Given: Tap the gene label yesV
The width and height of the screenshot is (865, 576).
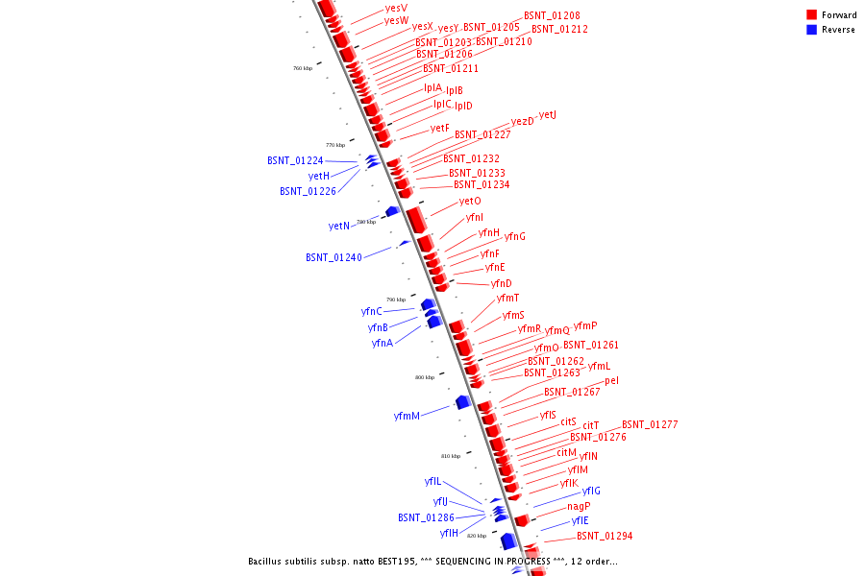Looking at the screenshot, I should point(395,8).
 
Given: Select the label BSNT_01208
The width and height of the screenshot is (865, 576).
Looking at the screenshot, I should point(552,16).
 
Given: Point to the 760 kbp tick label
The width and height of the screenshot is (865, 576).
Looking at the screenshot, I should point(303,68).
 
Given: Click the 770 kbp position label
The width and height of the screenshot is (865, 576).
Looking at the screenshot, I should point(335,145).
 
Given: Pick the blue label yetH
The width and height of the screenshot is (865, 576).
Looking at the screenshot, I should point(319,176).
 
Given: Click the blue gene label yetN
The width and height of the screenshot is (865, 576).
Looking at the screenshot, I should point(339,227).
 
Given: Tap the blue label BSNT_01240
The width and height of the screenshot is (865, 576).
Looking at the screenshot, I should point(334,257).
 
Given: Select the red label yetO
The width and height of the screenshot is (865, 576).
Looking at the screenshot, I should point(470,202).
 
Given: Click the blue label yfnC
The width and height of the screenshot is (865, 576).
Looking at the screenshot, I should point(372,311).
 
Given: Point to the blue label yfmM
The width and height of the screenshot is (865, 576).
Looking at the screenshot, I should point(407,416).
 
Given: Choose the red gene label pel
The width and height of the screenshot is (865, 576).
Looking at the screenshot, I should point(612,380).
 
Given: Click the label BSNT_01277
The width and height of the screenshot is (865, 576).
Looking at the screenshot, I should point(650,424).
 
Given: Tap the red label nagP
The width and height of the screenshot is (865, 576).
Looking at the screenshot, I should point(579,506).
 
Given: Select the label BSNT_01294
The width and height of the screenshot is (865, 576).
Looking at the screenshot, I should point(605,536).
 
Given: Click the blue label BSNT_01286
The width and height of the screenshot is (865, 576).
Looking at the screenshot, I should point(426,517).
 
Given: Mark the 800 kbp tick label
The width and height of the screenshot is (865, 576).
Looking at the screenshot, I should point(425,377).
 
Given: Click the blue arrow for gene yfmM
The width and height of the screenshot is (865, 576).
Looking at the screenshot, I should point(462,401).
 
